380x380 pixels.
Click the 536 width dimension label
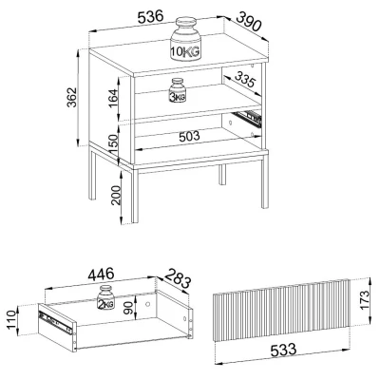click(151, 17)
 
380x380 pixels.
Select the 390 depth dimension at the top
click(249, 21)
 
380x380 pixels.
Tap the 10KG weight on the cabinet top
click(185, 39)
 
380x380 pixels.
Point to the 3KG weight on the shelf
click(178, 90)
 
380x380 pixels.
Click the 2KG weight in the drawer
click(105, 297)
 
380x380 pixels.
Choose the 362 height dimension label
click(72, 97)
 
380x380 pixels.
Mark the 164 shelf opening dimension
click(112, 98)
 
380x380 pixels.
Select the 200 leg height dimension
click(116, 195)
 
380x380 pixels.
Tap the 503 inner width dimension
click(189, 137)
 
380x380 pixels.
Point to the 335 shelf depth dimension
click(245, 80)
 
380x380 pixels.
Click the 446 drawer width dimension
click(101, 275)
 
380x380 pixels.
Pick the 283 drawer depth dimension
click(179, 278)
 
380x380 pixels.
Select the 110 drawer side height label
click(10, 320)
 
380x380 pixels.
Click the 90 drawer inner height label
click(128, 308)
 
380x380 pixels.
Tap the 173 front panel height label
click(365, 300)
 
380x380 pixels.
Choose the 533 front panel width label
click(283, 350)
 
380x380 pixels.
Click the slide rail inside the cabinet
click(248, 117)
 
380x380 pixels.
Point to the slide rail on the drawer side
click(55, 321)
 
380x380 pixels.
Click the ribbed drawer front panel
click(280, 310)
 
